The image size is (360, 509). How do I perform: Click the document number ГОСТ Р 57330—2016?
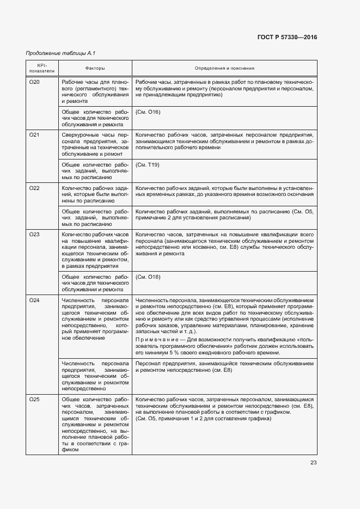286,38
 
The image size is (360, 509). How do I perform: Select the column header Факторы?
95,68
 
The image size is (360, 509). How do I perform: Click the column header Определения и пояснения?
224,68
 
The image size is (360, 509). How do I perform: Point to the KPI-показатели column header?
42,68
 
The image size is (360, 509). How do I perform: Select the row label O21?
34,134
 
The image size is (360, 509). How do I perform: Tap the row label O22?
34,188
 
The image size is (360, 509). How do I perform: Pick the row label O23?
34,235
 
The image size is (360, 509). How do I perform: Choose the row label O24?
34,301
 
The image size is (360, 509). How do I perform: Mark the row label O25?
34,400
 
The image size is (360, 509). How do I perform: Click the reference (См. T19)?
147,164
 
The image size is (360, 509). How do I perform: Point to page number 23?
313,463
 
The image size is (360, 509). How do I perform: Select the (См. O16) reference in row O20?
148,112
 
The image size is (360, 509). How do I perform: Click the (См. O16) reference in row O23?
148,277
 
